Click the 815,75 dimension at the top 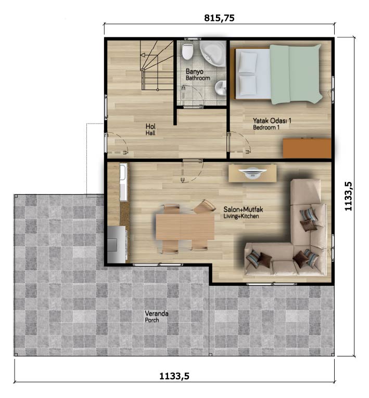[x=219, y=18]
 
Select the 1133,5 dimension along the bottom [x=174, y=376]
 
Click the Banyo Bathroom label [x=198, y=75]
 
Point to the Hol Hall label [x=150, y=129]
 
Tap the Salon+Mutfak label [x=243, y=209]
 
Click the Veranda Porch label [x=157, y=316]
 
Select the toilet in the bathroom [x=188, y=51]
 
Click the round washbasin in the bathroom [x=221, y=88]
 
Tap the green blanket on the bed [x=296, y=74]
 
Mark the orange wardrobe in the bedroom [x=307, y=148]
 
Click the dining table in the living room [x=185, y=227]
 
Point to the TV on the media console [x=252, y=171]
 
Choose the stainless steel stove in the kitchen [x=117, y=244]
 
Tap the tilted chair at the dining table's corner [x=205, y=207]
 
